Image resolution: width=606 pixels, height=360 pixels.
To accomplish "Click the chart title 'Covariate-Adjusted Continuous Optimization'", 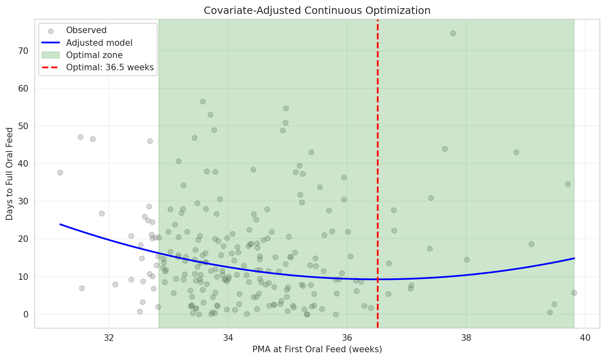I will (317, 11).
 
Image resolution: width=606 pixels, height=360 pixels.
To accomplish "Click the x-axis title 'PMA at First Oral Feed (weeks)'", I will (317, 349).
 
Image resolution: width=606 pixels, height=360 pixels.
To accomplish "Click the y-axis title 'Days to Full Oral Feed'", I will (9, 174).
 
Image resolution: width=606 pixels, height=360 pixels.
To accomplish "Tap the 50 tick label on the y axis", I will (23, 126).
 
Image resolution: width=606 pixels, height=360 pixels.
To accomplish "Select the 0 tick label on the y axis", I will (26, 314).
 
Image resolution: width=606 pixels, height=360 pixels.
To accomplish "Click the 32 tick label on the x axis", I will (109, 338).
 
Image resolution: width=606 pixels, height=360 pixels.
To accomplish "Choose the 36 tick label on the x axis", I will (347, 338).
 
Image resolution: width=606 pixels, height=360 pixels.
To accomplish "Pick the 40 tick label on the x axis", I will (585, 338).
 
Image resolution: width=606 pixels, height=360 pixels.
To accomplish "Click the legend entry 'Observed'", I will (86, 30).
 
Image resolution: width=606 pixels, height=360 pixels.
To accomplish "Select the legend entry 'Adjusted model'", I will (99, 43).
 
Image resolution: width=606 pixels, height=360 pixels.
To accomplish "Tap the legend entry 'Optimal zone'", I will (94, 55).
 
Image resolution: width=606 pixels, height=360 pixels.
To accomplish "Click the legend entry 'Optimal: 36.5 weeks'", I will (110, 67).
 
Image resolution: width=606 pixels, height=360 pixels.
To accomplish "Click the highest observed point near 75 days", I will (453, 33).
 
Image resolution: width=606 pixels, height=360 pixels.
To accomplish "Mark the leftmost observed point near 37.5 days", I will (60, 172).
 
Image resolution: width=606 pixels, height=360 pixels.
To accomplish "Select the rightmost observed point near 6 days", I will (574, 293).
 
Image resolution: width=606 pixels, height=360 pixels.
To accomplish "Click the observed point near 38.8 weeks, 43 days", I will (516, 152).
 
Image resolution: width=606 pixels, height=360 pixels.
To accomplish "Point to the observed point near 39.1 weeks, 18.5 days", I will (531, 244).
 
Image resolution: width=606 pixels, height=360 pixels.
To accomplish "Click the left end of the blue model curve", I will (60, 224).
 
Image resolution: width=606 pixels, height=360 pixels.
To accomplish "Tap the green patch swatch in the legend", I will (50, 55).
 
